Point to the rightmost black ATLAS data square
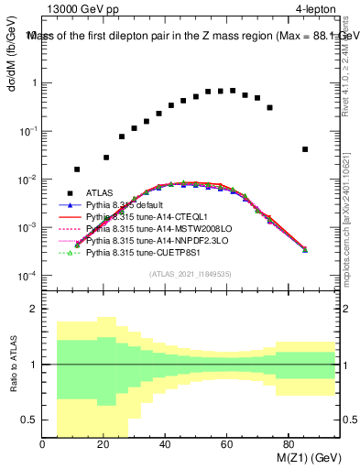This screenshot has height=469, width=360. click(x=305, y=149)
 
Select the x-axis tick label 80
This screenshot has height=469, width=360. click(x=289, y=446)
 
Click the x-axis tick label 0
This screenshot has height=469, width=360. click(x=43, y=446)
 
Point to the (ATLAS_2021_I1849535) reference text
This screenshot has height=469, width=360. click(x=191, y=273)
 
